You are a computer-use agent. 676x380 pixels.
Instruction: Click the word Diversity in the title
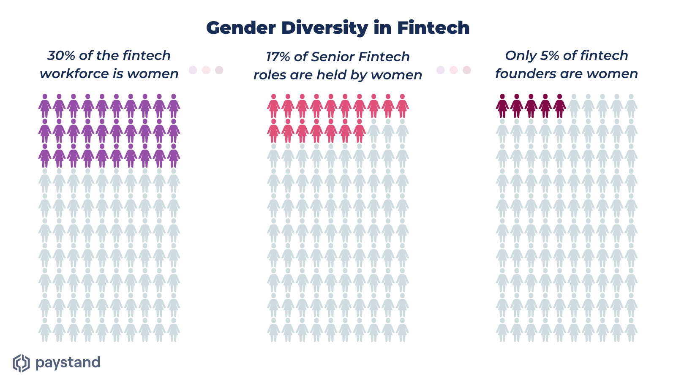324,28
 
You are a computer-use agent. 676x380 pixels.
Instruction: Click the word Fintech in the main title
433,28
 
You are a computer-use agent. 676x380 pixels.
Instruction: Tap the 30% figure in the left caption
61,55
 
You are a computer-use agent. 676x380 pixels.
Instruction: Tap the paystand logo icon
21,363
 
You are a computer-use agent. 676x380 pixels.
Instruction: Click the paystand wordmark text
68,363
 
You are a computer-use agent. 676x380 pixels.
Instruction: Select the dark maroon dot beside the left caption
219,70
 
